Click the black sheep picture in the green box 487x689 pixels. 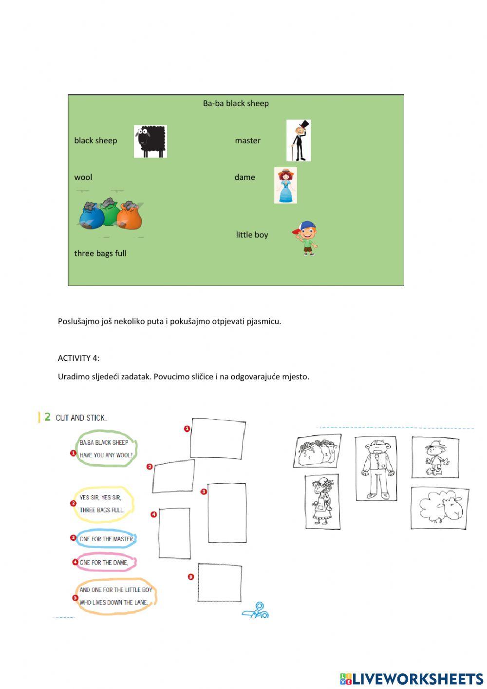click(x=150, y=141)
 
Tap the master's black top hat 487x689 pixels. click(x=303, y=125)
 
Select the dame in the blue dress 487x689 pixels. click(x=285, y=185)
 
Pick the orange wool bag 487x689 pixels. click(x=130, y=217)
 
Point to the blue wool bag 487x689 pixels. click(x=91, y=217)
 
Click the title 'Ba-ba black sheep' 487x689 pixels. click(x=236, y=103)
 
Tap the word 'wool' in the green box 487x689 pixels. click(x=83, y=177)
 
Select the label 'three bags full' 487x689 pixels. click(x=100, y=253)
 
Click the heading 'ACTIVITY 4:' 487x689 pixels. click(x=78, y=358)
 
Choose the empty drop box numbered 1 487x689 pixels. click(x=218, y=438)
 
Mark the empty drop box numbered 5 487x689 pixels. click(x=219, y=583)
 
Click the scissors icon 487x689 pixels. click(x=257, y=610)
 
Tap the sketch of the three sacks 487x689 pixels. click(x=318, y=451)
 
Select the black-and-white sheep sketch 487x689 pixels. click(x=440, y=508)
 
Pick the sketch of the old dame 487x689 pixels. click(x=322, y=502)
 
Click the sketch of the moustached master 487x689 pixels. click(x=375, y=469)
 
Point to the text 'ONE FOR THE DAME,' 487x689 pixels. click(x=104, y=562)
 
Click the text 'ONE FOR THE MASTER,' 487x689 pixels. click(x=107, y=539)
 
